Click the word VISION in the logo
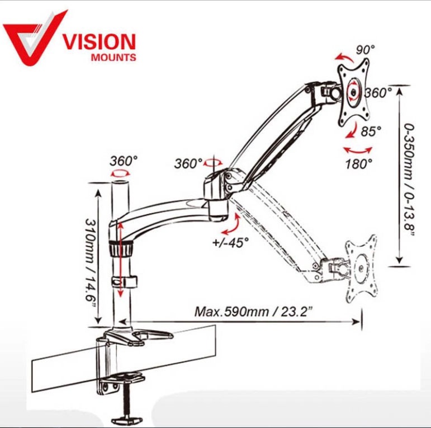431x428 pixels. click(100, 42)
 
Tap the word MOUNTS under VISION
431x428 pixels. click(113, 58)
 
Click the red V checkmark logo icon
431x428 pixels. click(34, 39)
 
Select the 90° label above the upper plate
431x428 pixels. click(365, 50)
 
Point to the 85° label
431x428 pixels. click(371, 131)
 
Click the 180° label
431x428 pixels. click(359, 164)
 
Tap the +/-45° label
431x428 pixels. click(230, 242)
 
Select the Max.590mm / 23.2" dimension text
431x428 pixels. click(254, 312)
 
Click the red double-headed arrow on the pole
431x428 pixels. click(120, 260)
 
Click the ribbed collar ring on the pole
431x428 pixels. click(121, 248)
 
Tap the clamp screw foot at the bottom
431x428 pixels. click(127, 420)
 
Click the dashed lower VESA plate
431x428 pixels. click(361, 269)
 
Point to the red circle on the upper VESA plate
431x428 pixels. click(354, 91)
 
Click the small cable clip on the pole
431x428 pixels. click(124, 282)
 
